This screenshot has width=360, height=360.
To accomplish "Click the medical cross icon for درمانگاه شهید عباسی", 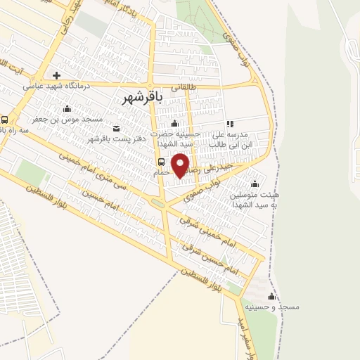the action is [x=56, y=75].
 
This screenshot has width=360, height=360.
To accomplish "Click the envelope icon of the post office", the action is [x=116, y=128].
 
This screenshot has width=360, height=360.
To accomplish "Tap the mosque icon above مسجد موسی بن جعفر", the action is [x=67, y=108].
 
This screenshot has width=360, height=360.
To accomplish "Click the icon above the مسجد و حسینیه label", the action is [x=271, y=296].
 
